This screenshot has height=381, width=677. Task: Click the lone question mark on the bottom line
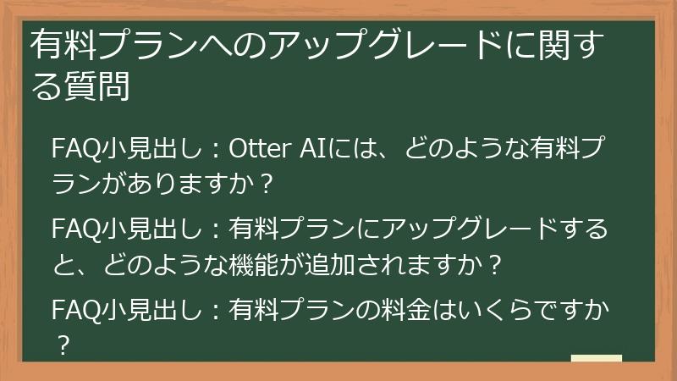60,346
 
